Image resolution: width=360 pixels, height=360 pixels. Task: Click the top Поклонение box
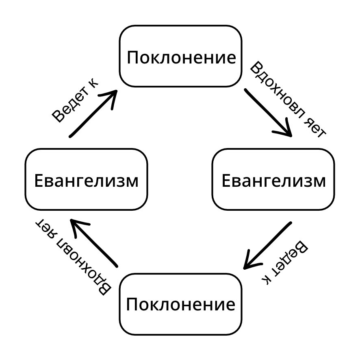tap(180, 56)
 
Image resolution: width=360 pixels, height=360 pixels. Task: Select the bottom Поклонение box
tap(180, 304)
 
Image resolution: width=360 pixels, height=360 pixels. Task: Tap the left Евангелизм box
tap(86, 180)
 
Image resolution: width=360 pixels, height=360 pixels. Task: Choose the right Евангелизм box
tap(273, 180)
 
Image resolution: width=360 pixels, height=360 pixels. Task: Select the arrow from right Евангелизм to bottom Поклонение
tap(267, 245)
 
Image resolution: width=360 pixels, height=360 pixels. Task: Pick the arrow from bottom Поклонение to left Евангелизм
tap(94, 243)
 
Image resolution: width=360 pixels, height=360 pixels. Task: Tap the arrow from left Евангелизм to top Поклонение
tap(93, 113)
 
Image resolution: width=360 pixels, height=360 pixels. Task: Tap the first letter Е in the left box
tap(39, 180)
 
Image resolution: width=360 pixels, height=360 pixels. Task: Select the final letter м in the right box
tap(319, 181)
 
